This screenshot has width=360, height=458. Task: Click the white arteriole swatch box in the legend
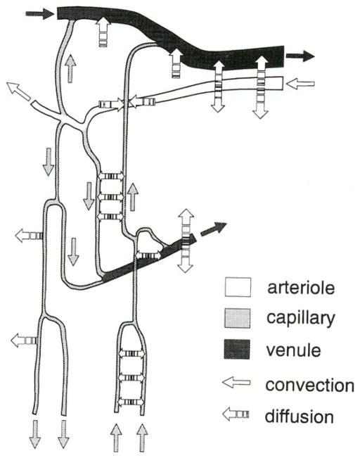237,288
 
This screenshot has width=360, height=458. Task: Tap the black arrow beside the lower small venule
214,230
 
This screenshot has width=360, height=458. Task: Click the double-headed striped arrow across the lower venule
186,240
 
